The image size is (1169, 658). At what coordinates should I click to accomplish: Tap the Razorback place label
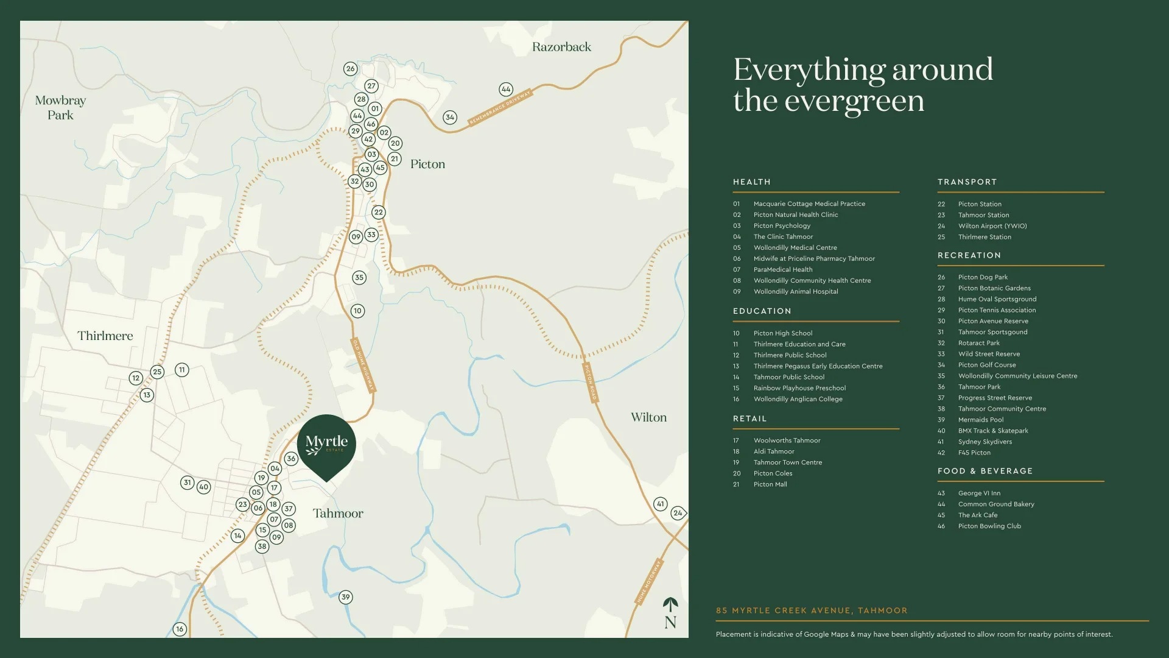(561, 47)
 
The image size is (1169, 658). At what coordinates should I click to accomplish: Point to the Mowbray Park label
(60, 107)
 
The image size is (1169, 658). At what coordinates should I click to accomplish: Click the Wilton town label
(648, 417)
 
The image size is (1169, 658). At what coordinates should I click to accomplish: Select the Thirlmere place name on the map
(105, 336)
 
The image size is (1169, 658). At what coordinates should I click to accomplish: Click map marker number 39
(345, 597)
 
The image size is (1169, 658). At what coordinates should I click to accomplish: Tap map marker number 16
(179, 629)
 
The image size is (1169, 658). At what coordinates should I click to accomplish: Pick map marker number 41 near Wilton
(660, 504)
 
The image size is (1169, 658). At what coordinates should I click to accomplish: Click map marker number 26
(350, 69)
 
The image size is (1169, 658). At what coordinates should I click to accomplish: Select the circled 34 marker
(449, 117)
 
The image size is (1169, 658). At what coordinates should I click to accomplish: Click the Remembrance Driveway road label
(500, 107)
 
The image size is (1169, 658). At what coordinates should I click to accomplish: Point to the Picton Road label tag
(591, 383)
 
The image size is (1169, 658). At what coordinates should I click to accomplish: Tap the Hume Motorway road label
(649, 581)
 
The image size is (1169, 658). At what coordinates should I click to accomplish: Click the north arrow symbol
(670, 613)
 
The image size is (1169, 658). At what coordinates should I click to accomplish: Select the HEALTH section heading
(752, 182)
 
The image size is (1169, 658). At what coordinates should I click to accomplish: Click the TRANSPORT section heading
(967, 182)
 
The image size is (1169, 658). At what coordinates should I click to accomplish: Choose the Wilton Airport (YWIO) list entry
(992, 226)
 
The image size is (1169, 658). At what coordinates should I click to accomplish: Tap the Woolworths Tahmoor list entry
(787, 440)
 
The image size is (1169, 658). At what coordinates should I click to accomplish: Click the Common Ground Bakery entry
(995, 504)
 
